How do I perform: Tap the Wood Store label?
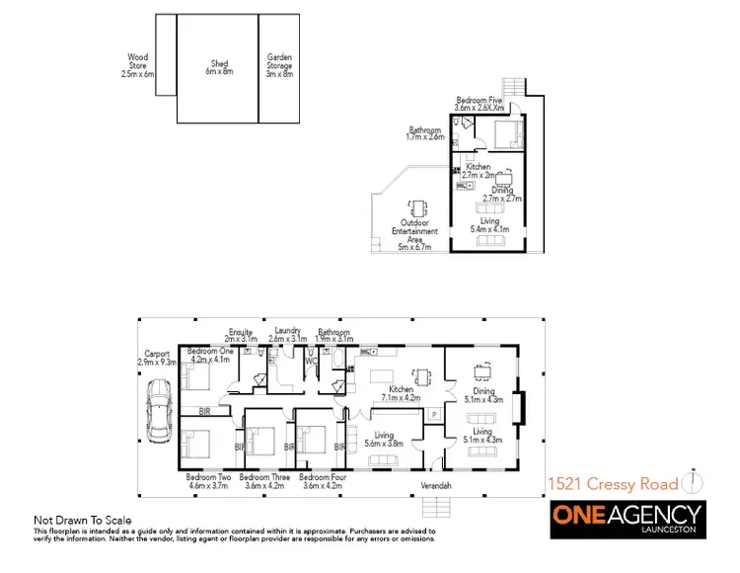coord(138,66)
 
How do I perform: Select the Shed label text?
coord(217,66)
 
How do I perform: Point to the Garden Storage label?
coord(280,66)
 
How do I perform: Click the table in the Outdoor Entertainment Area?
coord(418,206)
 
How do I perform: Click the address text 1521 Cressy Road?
coord(613,483)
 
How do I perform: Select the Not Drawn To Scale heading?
coord(83,520)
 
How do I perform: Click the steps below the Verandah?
coord(436,506)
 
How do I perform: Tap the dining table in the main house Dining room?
coord(482,370)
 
